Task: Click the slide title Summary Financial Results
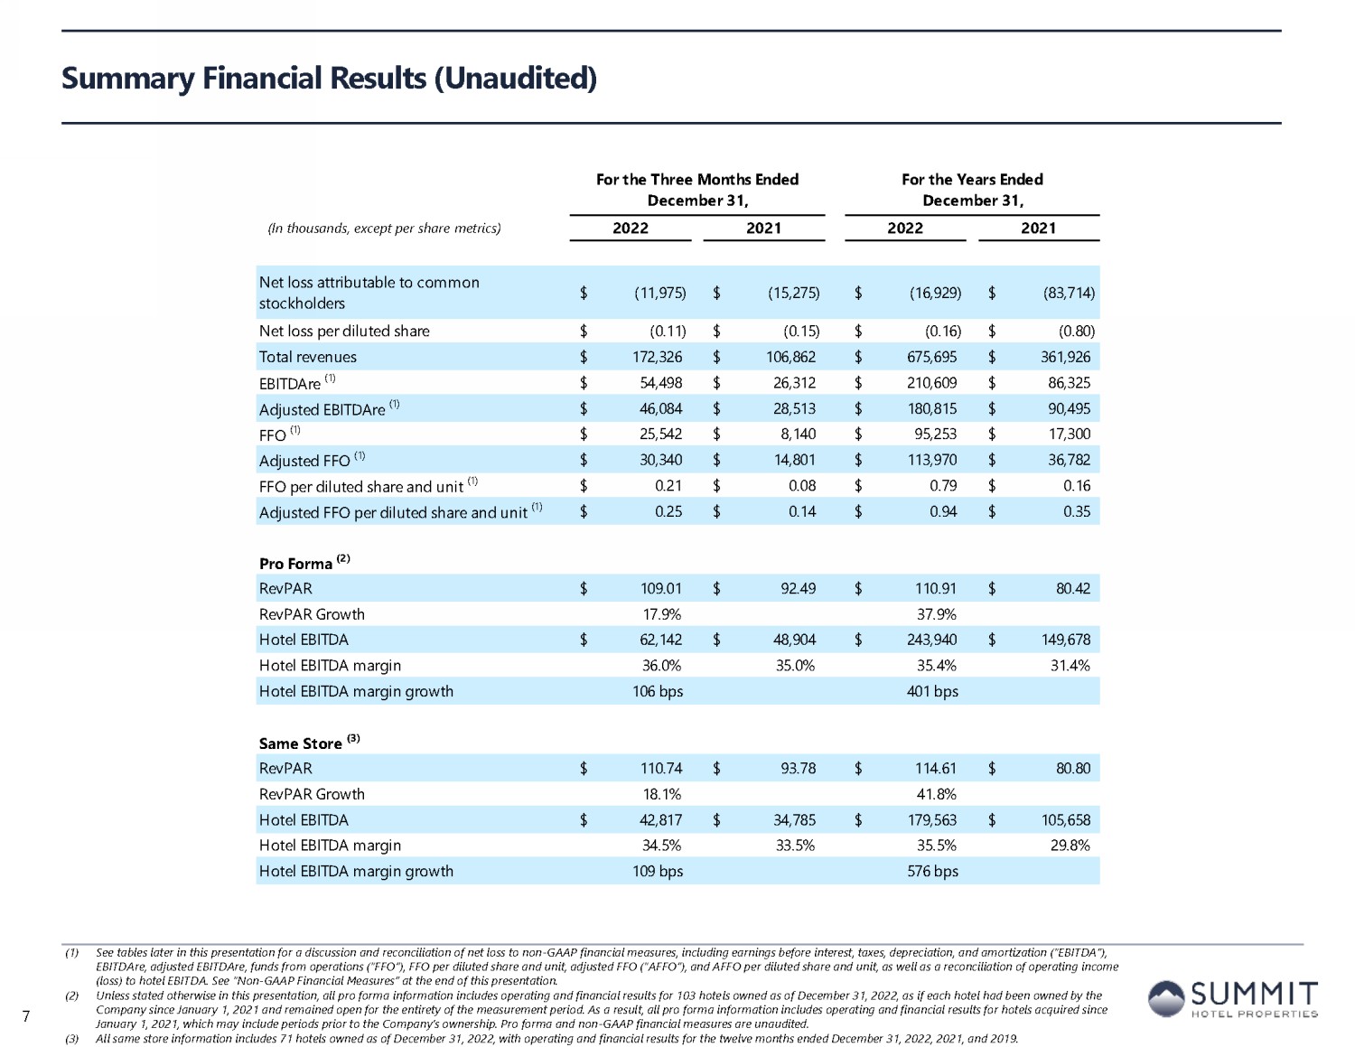(x=329, y=79)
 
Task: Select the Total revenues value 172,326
(x=657, y=357)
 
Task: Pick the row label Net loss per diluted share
(x=344, y=331)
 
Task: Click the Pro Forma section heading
(x=295, y=564)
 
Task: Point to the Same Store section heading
(x=300, y=743)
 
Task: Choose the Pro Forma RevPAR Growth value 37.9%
(x=936, y=614)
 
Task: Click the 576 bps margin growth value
(x=932, y=872)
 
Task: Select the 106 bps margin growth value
(x=657, y=692)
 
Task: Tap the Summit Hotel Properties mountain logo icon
(x=1166, y=998)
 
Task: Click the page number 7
(x=26, y=1017)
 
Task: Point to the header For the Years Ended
(x=972, y=180)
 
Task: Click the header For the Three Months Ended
(x=697, y=180)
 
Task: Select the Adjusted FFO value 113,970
(x=931, y=460)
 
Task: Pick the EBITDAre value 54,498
(x=660, y=383)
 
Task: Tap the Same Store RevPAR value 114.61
(x=935, y=769)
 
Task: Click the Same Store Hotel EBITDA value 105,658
(x=1066, y=820)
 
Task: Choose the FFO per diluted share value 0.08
(x=801, y=486)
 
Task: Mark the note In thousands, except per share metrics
(x=384, y=229)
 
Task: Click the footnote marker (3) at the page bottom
(x=72, y=1039)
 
